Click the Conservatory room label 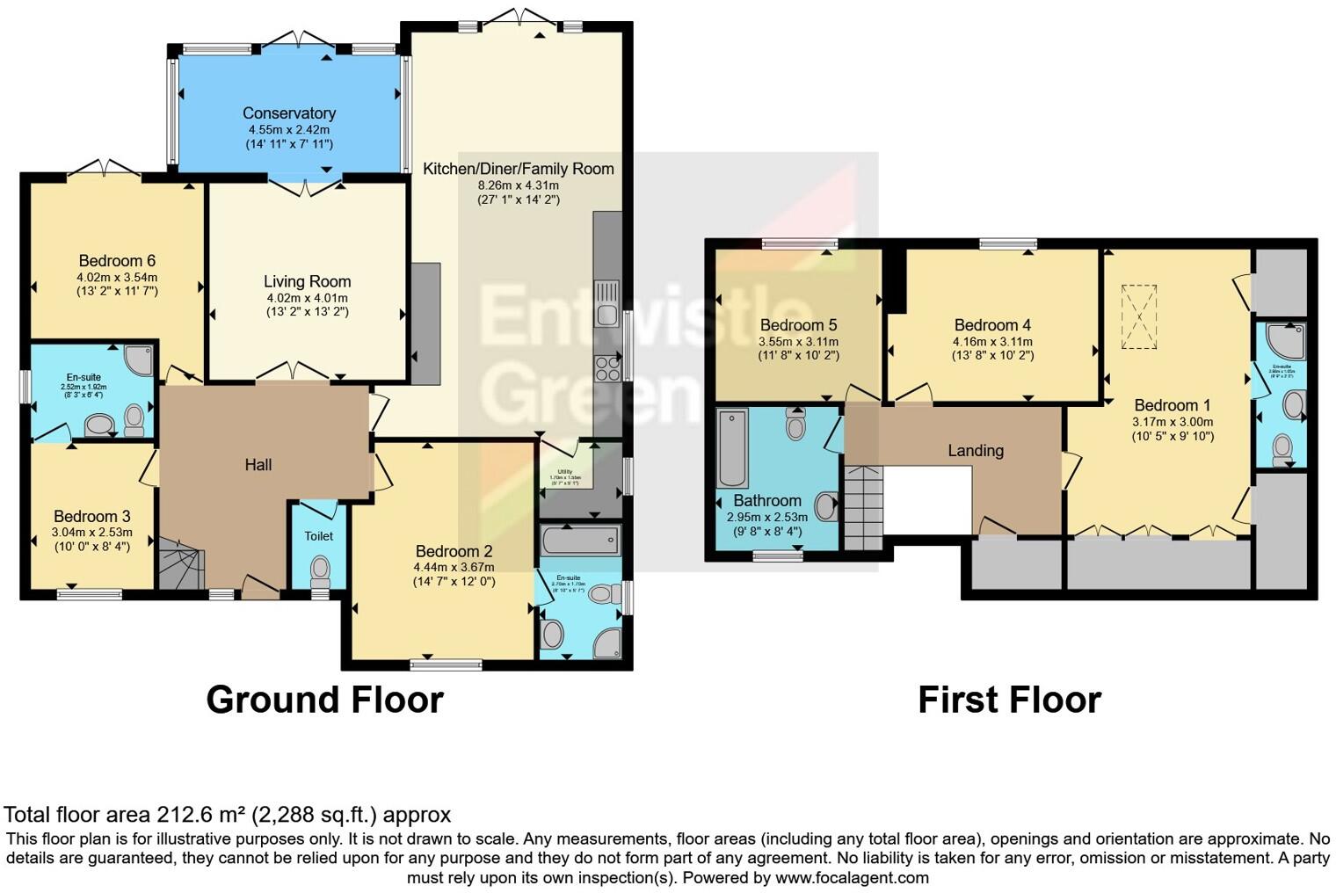point(289,113)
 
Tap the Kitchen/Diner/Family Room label point(518,169)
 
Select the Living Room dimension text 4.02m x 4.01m point(307,298)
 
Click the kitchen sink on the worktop point(606,303)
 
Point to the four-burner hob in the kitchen point(607,367)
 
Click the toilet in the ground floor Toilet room point(320,570)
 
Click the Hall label point(258,465)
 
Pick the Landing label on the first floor point(975,451)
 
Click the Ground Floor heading point(324,700)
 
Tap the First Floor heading point(1009,701)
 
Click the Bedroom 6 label point(117,261)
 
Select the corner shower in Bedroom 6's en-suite point(138,360)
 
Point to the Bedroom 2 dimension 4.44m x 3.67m point(454,567)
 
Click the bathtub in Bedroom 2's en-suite point(581,541)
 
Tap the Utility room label point(561,472)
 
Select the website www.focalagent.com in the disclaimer point(852,877)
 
